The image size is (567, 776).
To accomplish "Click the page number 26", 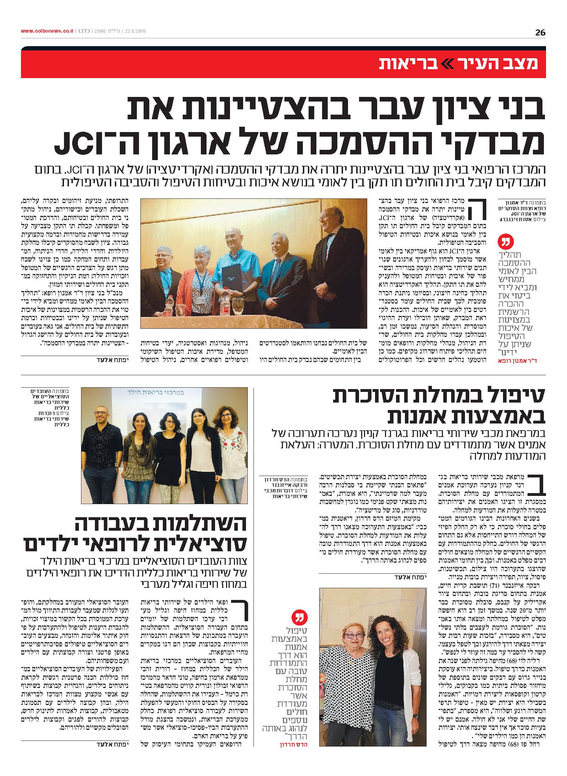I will pos(540,32).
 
